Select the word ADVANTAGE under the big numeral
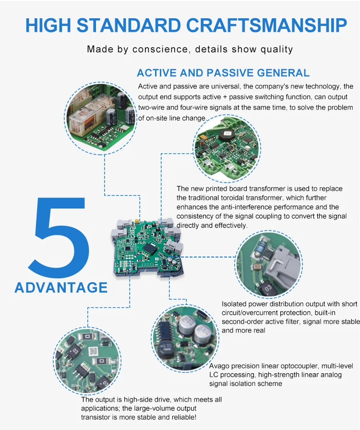point(61,287)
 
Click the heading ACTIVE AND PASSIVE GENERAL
point(223,73)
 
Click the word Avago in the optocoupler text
point(219,366)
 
